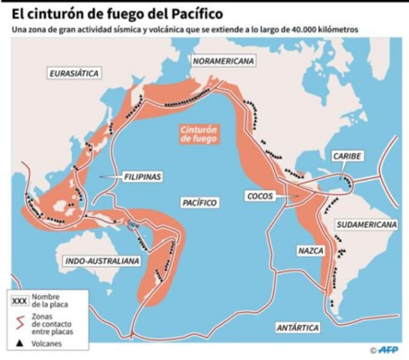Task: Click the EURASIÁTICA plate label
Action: [74, 73]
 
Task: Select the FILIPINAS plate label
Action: [143, 177]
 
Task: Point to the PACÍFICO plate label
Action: [199, 203]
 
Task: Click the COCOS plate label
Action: [260, 196]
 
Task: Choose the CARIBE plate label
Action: [347, 156]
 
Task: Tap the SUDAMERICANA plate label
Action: [366, 225]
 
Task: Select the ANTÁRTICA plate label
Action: [297, 327]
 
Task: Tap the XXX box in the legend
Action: [20, 301]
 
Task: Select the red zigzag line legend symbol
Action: [20, 323]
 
